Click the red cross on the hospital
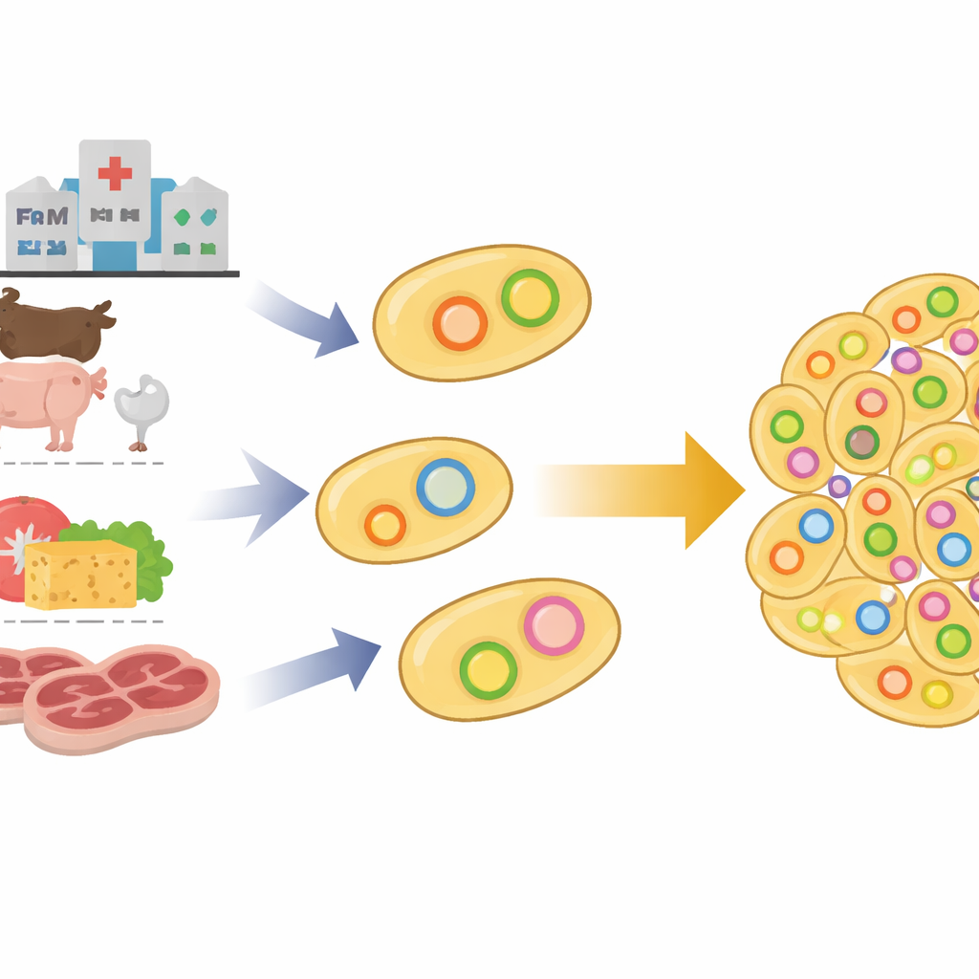pos(115,173)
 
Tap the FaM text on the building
pos(42,217)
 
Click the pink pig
pos(48,398)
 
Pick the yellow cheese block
pos(80,575)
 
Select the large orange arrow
pos(641,489)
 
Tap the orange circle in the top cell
pos(460,323)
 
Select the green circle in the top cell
pos(530,298)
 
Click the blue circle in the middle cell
pos(446,488)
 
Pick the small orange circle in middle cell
pos(384,525)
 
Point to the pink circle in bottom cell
pos(554,625)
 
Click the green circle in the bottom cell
pos(488,669)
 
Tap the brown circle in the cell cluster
pos(862,442)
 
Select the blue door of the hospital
pos(115,254)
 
